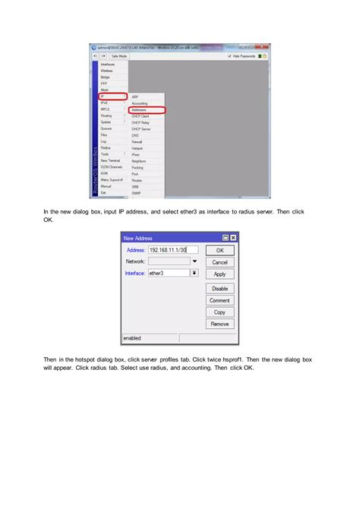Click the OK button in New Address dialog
[x=219, y=249]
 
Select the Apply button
[x=219, y=274]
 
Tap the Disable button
[x=219, y=289]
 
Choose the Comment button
[x=219, y=301]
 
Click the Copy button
[x=219, y=312]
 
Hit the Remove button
[x=219, y=324]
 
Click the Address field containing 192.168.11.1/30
[x=172, y=249]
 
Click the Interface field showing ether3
[x=168, y=273]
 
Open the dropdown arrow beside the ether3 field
[x=194, y=273]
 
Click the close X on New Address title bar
[x=232, y=238]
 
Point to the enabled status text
[x=132, y=338]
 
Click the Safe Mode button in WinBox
[x=119, y=56]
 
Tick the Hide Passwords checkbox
[x=229, y=56]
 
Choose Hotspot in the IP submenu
[x=137, y=148]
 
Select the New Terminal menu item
[x=110, y=160]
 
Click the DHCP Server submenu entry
[x=141, y=129]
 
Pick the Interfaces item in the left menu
[x=108, y=65]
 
